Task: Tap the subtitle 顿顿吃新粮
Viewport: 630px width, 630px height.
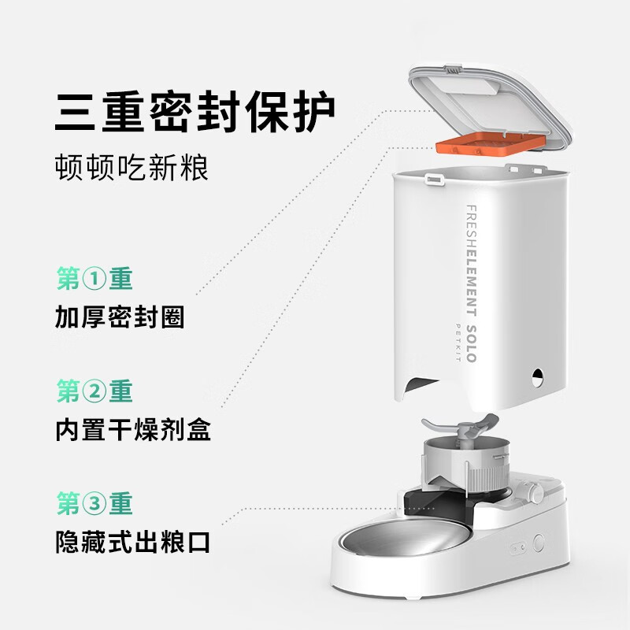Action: point(132,168)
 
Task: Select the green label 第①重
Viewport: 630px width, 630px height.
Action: point(94,279)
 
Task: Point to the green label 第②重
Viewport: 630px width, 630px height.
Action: point(94,391)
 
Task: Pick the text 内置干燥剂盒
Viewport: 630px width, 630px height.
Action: point(133,429)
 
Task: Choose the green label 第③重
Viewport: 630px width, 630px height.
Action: point(94,503)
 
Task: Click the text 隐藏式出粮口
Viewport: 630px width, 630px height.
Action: point(133,542)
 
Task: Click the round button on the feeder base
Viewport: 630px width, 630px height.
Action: point(539,543)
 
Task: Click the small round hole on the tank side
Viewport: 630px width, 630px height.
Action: point(537,376)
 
